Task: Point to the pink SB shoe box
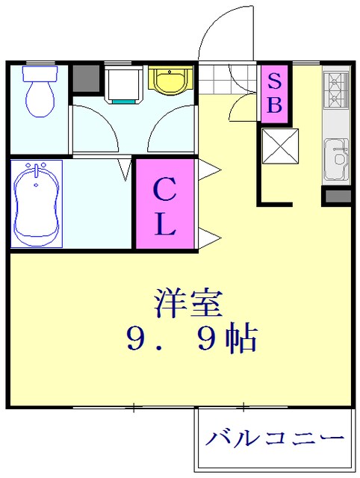point(274,92)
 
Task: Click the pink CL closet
point(164,203)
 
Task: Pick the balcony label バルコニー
point(276,438)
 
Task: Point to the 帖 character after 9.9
point(240,340)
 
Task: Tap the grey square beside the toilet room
point(85,78)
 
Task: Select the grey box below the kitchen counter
point(337,196)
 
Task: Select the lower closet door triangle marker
point(206,238)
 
